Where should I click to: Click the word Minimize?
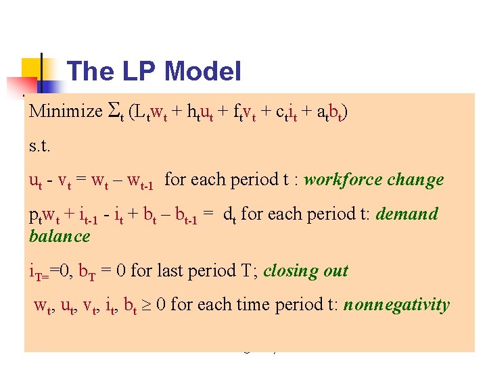65,112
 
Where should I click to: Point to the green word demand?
407,214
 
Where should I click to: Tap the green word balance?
60,236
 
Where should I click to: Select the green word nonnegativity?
396,305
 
